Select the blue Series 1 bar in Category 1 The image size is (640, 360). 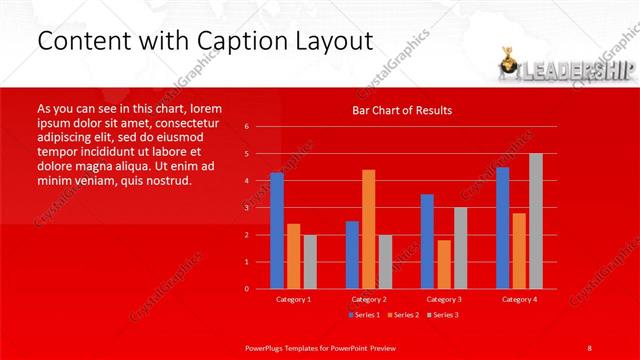[277, 230]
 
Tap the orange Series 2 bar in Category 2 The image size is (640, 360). [369, 229]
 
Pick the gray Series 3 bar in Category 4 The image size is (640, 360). [536, 221]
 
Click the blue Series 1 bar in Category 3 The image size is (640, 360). [427, 241]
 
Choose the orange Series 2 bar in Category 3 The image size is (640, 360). [443, 264]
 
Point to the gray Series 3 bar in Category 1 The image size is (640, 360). [310, 261]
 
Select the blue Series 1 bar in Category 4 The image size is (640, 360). [502, 227]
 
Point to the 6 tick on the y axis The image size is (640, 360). [247, 127]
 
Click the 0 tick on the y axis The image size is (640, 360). [247, 289]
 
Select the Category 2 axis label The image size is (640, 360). [369, 299]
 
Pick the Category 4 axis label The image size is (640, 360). [519, 299]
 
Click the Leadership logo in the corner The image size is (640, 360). [565, 67]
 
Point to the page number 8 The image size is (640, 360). [589, 347]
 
